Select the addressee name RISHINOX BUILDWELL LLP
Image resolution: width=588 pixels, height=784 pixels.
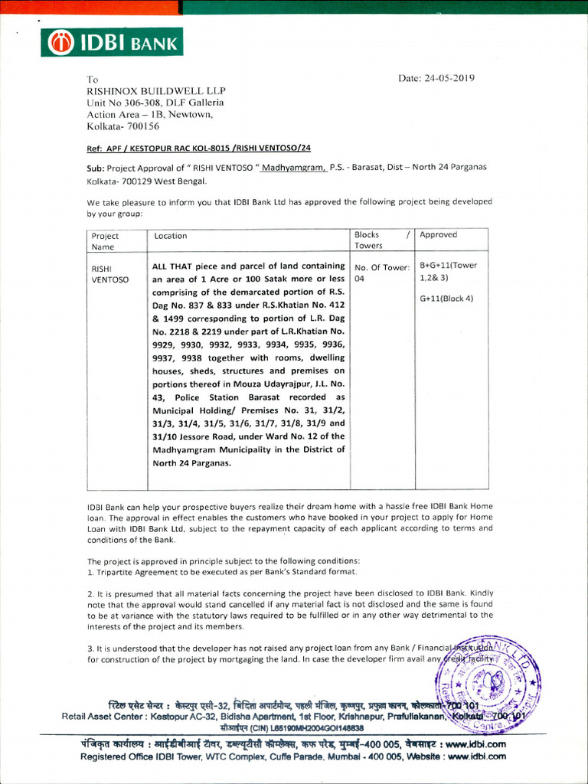click(x=156, y=90)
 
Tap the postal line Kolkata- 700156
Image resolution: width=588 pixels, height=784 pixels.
click(x=123, y=126)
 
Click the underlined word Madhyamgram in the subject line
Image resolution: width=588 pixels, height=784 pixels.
click(x=293, y=167)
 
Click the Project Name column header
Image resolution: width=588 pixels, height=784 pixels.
click(x=106, y=241)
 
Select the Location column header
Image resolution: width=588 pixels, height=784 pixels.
click(x=171, y=236)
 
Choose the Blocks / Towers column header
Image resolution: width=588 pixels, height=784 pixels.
click(x=381, y=240)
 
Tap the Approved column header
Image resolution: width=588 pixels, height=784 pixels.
click(x=438, y=235)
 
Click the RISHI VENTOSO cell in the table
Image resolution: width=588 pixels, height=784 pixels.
click(x=110, y=274)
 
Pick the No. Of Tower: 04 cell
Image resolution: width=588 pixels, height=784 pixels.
click(x=381, y=273)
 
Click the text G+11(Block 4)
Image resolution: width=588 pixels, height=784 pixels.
click(x=446, y=298)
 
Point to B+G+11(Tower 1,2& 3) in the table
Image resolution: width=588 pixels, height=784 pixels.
click(x=448, y=272)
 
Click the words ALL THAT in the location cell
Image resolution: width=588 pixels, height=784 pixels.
click(x=172, y=266)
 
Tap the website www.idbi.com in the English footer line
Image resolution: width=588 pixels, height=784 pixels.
click(x=475, y=756)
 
